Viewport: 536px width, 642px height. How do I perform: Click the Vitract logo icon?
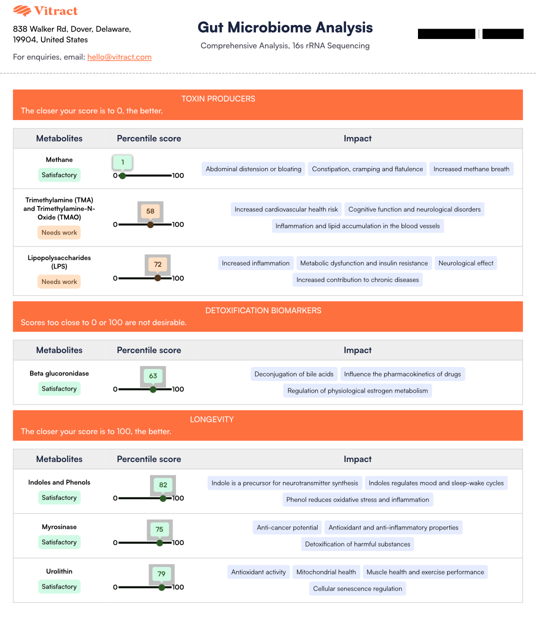pyautogui.click(x=22, y=11)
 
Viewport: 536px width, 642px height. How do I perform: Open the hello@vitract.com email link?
pyautogui.click(x=119, y=57)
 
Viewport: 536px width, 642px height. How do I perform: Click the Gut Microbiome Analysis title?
pyautogui.click(x=285, y=27)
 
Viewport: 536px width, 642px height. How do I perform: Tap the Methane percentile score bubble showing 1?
pyautogui.click(x=122, y=162)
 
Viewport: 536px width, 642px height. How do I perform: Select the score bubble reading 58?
pyautogui.click(x=150, y=211)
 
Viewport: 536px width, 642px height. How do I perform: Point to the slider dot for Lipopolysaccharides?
pyautogui.click(x=157, y=278)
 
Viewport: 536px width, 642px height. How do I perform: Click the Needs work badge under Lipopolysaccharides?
pyautogui.click(x=59, y=281)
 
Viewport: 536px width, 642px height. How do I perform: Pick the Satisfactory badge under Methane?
pyautogui.click(x=59, y=175)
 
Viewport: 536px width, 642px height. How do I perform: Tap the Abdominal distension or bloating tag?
pyautogui.click(x=253, y=169)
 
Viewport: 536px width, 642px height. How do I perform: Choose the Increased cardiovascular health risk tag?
pyautogui.click(x=286, y=209)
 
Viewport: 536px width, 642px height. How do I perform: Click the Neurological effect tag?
pyautogui.click(x=465, y=263)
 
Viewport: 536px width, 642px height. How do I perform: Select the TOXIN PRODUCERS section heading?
pyautogui.click(x=218, y=99)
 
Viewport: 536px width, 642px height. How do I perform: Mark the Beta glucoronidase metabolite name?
pyautogui.click(x=59, y=373)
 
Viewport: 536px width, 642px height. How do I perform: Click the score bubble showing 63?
pyautogui.click(x=153, y=376)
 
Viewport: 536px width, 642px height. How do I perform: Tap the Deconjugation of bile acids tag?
pyautogui.click(x=293, y=374)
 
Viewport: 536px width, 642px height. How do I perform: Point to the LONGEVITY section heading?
pyautogui.click(x=211, y=419)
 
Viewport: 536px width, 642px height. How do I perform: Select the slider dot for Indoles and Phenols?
pyautogui.click(x=163, y=498)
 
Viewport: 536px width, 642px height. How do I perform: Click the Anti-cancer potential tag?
pyautogui.click(x=287, y=527)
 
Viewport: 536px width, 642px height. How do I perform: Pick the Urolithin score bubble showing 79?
pyautogui.click(x=161, y=574)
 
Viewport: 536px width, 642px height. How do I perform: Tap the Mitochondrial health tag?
pyautogui.click(x=326, y=572)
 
